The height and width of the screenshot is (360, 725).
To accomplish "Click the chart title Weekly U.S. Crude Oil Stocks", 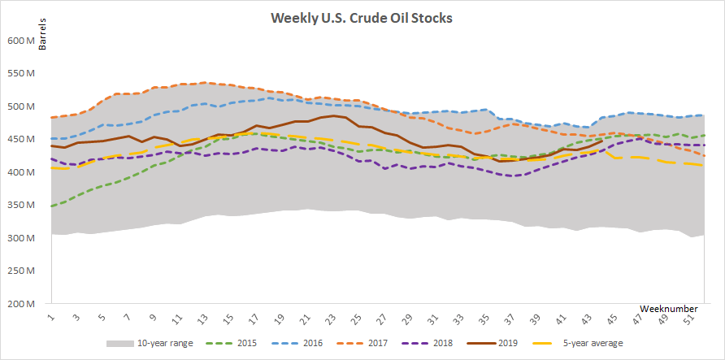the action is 361,18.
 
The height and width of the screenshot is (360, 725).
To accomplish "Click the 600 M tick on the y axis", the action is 21,41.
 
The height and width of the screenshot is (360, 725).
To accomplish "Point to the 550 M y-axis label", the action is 21,73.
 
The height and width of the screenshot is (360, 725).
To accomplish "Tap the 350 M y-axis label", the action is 21,205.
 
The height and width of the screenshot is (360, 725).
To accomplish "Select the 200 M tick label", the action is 21,304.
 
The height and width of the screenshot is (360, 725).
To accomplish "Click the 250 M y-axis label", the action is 21,271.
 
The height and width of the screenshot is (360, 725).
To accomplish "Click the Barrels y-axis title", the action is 41,35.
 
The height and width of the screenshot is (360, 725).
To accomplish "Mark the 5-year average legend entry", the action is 578,344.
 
